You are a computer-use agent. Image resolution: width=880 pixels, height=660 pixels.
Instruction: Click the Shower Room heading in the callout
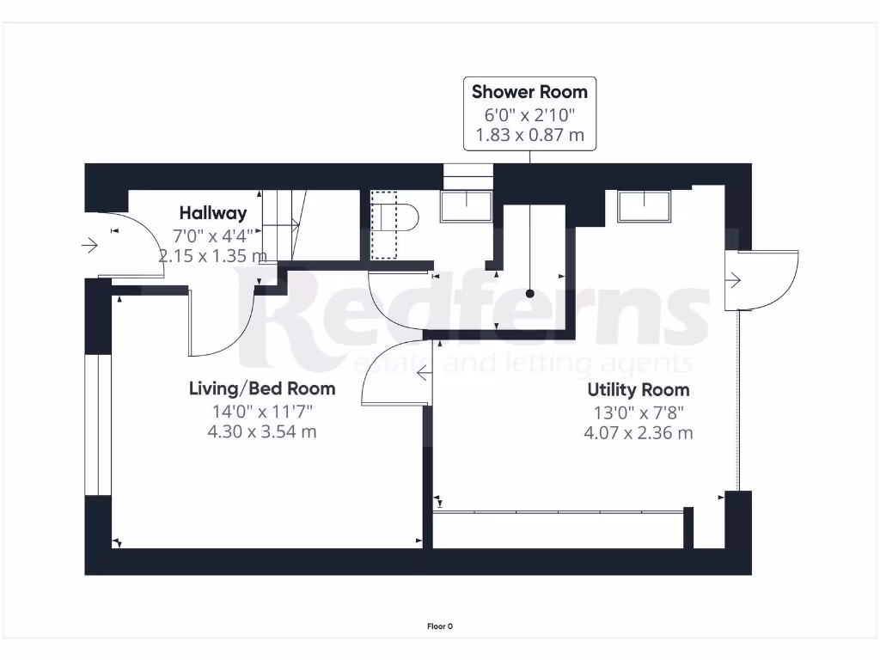coord(529,92)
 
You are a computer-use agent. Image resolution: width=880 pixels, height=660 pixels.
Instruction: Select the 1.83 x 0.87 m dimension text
coord(529,135)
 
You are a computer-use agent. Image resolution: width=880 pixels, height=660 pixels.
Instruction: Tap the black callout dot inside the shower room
coord(530,294)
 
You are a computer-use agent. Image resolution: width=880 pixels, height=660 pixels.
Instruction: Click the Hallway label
coord(212,213)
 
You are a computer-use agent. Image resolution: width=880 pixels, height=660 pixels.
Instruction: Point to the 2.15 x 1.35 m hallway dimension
coord(212,255)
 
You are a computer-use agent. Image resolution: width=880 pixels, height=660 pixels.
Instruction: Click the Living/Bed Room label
coord(262,389)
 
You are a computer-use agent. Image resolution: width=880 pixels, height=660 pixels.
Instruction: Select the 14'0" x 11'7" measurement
coord(262,411)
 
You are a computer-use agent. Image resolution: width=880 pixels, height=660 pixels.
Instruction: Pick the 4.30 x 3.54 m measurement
coord(262,431)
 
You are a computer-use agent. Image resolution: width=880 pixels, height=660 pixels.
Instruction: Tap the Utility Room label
coord(638,390)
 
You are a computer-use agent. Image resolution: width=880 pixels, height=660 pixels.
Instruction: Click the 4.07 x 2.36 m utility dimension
coord(638,432)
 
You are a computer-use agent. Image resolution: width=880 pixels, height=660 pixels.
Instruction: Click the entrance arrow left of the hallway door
coord(89,246)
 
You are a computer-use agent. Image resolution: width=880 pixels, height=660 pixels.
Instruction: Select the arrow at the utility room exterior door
coord(734,279)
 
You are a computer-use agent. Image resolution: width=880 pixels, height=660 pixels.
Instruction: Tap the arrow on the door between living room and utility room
coord(424,374)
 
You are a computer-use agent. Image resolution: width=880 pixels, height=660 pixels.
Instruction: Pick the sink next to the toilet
coord(466,206)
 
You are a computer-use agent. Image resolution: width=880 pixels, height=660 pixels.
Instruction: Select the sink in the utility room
coord(643,206)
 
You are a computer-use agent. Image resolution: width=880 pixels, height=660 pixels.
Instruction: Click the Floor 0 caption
coord(439,626)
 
